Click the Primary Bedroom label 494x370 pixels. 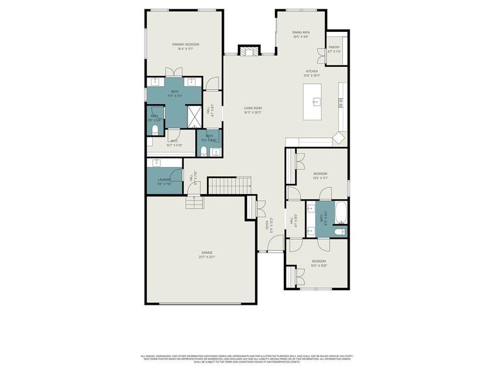click(186, 46)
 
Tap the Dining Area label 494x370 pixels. click(301, 35)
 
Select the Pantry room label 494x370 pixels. click(334, 49)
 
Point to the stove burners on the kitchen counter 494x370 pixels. click(341, 101)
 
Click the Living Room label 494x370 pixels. click(253, 110)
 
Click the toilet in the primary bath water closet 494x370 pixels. click(155, 129)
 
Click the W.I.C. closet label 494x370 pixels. click(174, 143)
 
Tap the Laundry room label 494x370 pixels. click(164, 181)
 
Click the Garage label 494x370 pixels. click(206, 254)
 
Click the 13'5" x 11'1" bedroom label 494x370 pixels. click(319, 176)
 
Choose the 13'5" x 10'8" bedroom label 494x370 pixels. click(319, 263)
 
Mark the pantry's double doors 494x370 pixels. click(321, 55)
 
